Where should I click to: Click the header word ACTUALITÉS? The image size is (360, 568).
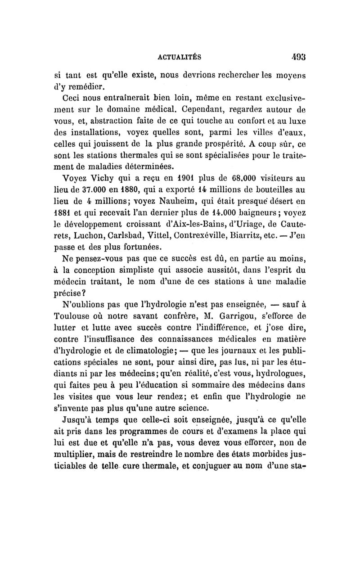180,57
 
